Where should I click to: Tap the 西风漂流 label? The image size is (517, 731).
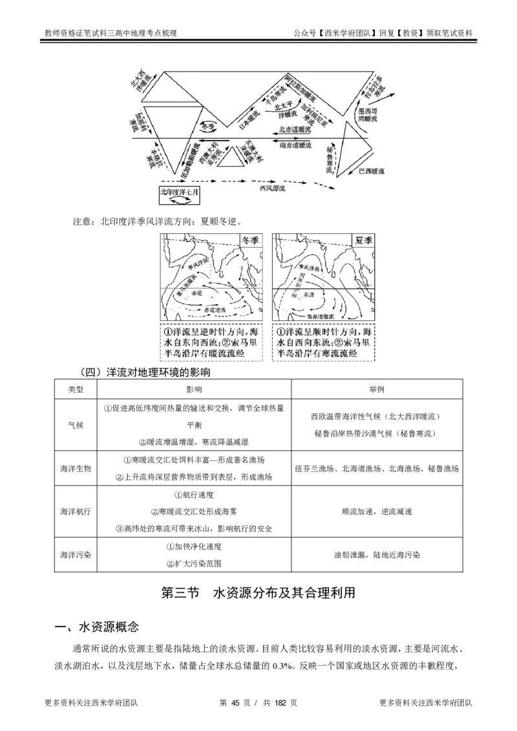tap(272, 189)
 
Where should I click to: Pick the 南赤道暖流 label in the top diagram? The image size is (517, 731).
tap(297, 146)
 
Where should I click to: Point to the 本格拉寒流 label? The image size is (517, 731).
tap(154, 157)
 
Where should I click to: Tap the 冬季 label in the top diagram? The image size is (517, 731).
tap(208, 127)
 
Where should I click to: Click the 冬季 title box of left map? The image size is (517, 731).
tap(249, 240)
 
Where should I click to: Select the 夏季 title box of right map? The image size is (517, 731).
tap(364, 240)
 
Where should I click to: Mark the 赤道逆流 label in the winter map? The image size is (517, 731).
tap(215, 311)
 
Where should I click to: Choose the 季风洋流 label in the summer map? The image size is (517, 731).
tap(308, 267)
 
